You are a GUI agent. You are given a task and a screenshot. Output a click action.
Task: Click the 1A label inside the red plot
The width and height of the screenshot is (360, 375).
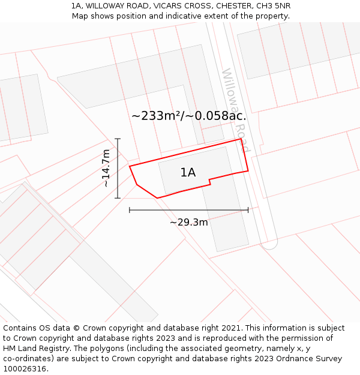188,173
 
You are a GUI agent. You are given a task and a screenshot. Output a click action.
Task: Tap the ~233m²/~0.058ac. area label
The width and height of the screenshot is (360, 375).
188,116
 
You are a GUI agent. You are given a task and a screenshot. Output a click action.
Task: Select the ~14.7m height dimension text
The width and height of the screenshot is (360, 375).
106,168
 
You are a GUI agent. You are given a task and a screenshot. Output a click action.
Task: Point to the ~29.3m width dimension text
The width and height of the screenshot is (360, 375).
188,223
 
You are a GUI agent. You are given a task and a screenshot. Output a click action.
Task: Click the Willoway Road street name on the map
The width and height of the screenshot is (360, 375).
235,103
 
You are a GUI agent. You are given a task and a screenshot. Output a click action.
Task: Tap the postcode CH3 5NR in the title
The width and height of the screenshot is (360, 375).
273,5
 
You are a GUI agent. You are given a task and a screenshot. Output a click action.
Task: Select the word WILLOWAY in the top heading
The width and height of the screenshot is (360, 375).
106,5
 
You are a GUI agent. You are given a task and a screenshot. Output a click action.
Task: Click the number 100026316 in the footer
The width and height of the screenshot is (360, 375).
24,369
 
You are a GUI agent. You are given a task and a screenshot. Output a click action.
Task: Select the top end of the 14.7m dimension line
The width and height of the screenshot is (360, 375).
118,139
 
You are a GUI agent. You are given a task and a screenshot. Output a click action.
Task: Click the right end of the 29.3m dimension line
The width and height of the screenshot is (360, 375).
248,210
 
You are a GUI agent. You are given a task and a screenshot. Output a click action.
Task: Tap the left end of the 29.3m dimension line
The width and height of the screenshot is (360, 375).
130,210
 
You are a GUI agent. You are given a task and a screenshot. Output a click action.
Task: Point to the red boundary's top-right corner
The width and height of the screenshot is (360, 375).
241,139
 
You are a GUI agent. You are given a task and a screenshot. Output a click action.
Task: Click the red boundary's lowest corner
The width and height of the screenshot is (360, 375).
157,197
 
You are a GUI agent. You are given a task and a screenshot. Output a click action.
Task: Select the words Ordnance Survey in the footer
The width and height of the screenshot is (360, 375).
311,359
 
